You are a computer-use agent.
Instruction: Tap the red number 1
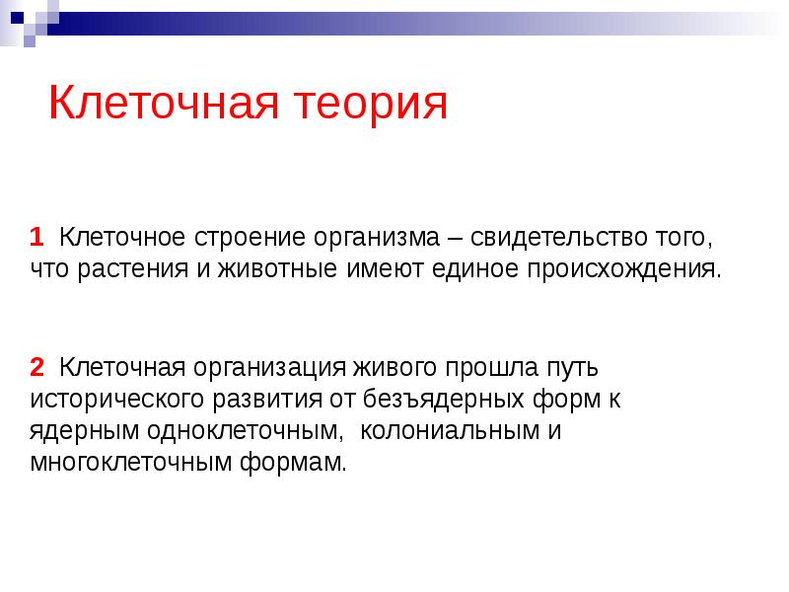point(36,238)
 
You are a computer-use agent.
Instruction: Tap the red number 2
point(36,368)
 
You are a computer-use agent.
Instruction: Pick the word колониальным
point(448,431)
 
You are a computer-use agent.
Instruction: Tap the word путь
point(569,368)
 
